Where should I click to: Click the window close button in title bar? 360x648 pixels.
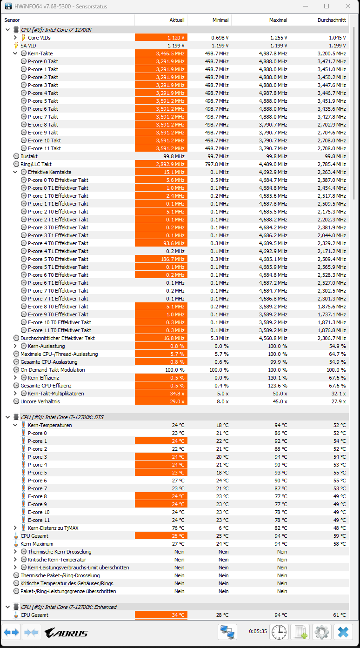(x=348, y=6)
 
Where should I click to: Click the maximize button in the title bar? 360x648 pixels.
(x=327, y=6)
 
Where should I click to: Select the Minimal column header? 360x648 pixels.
(x=220, y=20)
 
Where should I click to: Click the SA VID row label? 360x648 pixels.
(x=28, y=46)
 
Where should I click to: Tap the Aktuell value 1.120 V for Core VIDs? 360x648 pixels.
(x=161, y=38)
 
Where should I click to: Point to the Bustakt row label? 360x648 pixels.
(x=29, y=156)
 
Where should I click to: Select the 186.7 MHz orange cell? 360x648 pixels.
(x=161, y=259)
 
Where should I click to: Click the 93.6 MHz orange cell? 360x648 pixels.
(x=161, y=243)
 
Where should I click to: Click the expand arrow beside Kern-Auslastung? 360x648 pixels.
(x=15, y=346)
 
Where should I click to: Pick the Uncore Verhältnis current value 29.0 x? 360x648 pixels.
(x=161, y=401)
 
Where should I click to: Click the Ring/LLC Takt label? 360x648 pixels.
(x=36, y=164)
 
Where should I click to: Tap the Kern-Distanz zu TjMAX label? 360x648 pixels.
(x=53, y=528)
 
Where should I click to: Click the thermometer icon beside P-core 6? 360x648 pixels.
(x=23, y=481)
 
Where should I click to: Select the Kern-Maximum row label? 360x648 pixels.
(x=37, y=544)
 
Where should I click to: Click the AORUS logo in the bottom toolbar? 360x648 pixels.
(x=66, y=633)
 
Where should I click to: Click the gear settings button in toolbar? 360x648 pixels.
(x=321, y=632)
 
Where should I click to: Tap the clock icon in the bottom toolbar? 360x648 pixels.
(x=279, y=632)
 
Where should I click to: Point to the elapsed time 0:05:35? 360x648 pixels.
(x=258, y=632)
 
